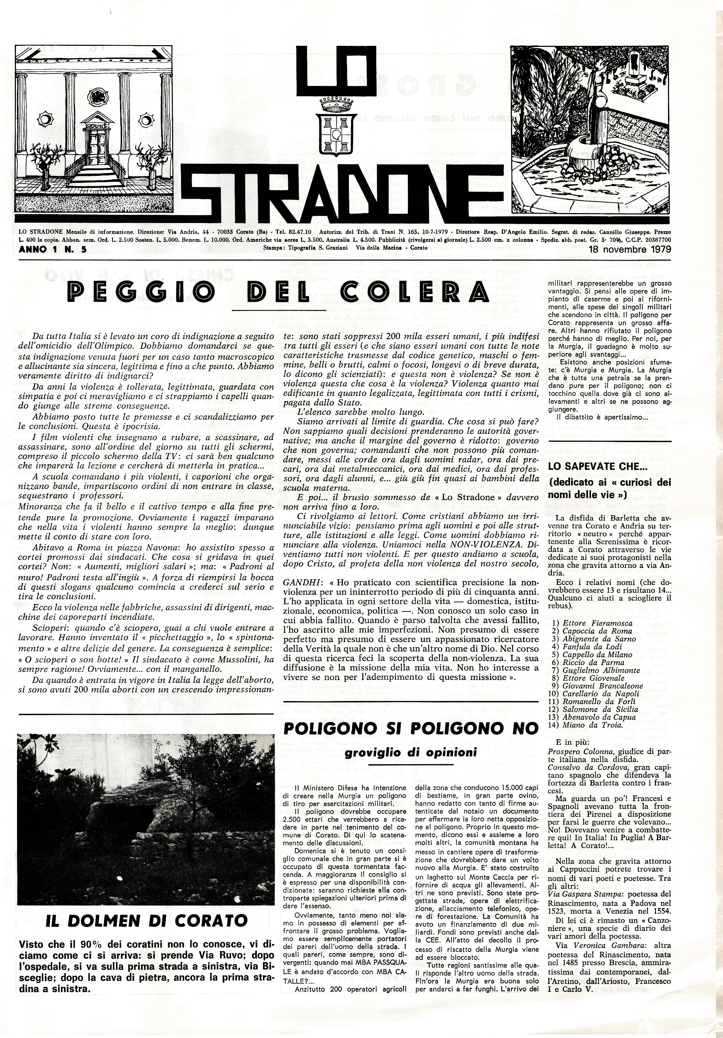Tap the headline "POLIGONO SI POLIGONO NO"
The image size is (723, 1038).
pos(411,728)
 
